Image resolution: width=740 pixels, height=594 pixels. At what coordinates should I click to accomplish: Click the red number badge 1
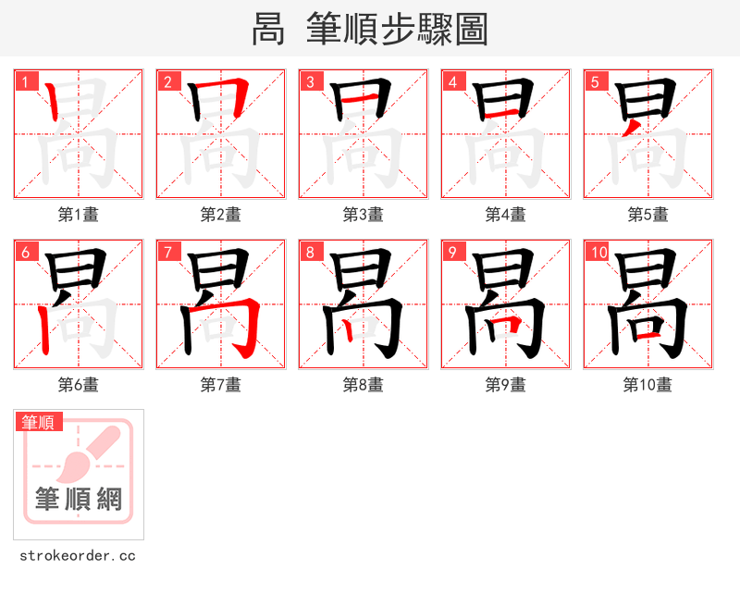pyautogui.click(x=26, y=81)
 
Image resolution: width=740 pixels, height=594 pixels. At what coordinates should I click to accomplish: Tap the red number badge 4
pyautogui.click(x=453, y=81)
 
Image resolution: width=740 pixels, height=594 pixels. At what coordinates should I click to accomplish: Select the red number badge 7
pyautogui.click(x=168, y=252)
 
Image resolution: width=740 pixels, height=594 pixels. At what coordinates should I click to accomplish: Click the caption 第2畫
pyautogui.click(x=220, y=215)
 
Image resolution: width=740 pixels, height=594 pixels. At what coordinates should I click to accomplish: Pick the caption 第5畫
pyautogui.click(x=647, y=215)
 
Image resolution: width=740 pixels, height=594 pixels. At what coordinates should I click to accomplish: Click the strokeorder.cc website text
pyautogui.click(x=78, y=556)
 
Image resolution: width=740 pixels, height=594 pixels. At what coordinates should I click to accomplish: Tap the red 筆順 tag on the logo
pyautogui.click(x=39, y=422)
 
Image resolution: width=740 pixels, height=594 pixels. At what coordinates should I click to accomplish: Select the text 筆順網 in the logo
pyautogui.click(x=79, y=500)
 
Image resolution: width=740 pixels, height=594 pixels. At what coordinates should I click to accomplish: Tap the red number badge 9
pyautogui.click(x=453, y=252)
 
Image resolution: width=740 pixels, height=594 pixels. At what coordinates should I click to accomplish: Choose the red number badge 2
pyautogui.click(x=168, y=81)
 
